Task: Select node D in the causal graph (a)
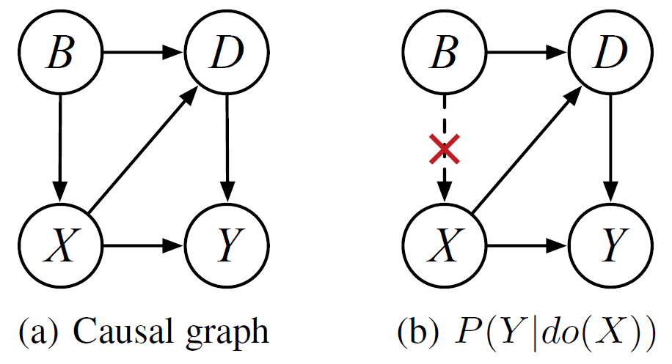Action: [227, 53]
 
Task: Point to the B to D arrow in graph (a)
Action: [143, 53]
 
